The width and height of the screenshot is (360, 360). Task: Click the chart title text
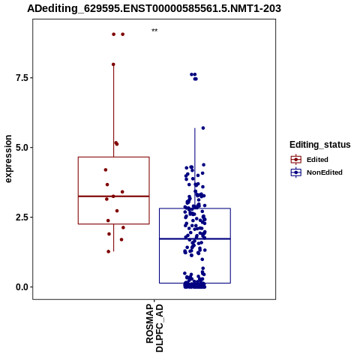tap(154, 9)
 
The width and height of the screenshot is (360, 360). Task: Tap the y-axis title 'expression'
tap(8, 159)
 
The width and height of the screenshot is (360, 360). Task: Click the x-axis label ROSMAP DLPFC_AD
tap(154, 328)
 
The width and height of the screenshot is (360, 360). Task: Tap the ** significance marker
tap(154, 31)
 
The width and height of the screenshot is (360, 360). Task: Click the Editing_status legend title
tap(320, 145)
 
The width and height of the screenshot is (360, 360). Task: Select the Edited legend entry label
tap(317, 160)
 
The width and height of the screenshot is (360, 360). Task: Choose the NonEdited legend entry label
tap(325, 172)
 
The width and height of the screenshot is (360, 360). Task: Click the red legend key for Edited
tap(296, 160)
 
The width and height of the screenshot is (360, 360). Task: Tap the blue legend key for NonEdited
tap(296, 172)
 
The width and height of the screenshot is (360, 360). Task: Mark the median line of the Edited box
tap(114, 196)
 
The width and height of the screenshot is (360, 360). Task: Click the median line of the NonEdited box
tap(195, 239)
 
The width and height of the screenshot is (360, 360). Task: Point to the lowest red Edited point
tap(109, 251)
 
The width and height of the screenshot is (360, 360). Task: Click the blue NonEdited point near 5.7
tap(203, 128)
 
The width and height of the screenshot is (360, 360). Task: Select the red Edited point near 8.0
tap(113, 64)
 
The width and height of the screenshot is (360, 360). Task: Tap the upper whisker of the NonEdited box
tap(195, 168)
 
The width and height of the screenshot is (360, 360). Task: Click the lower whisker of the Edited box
tap(114, 238)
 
